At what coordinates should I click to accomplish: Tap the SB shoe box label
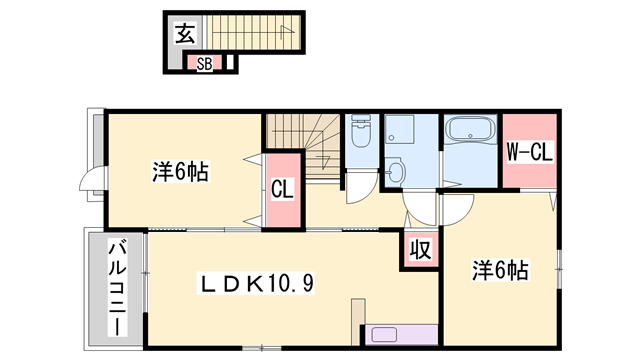click(x=204, y=64)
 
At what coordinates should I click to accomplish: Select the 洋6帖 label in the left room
click(x=180, y=173)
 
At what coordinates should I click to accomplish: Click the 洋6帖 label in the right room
click(x=500, y=270)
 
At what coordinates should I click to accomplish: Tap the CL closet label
click(x=282, y=188)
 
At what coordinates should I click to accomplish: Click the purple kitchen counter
click(x=403, y=336)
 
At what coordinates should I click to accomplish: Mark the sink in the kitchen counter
click(x=384, y=336)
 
